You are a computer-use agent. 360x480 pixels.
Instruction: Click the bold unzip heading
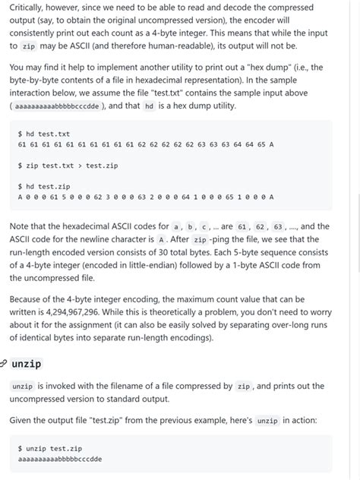(x=27, y=364)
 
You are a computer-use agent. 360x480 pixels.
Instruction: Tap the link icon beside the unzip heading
(x=5, y=365)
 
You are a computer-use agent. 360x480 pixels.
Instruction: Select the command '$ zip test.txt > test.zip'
(x=68, y=165)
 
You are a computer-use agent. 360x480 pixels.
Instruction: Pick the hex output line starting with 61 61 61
(x=145, y=144)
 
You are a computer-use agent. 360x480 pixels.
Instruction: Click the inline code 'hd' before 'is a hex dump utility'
(x=149, y=106)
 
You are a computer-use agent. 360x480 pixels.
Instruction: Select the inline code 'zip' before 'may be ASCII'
(x=29, y=46)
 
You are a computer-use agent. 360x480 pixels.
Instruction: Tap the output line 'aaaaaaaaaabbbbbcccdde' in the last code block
(x=59, y=459)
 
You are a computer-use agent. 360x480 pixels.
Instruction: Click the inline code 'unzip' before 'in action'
(x=267, y=420)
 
